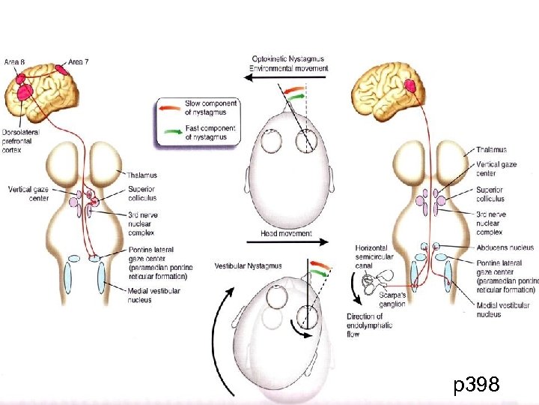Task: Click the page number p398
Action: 476,385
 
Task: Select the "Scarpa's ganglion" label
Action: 392,300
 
